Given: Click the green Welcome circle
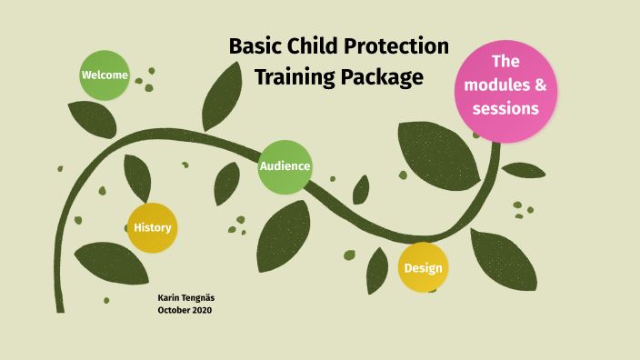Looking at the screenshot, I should [105, 75].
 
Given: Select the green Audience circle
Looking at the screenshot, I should [285, 166].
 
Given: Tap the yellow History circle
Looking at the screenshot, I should [152, 227].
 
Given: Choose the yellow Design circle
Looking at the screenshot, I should [424, 267].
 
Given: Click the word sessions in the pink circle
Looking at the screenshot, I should [505, 108].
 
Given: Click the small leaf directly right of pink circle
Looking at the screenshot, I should [524, 170].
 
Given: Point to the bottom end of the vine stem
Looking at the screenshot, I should [60, 309].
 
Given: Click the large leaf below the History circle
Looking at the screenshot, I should [111, 263].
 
